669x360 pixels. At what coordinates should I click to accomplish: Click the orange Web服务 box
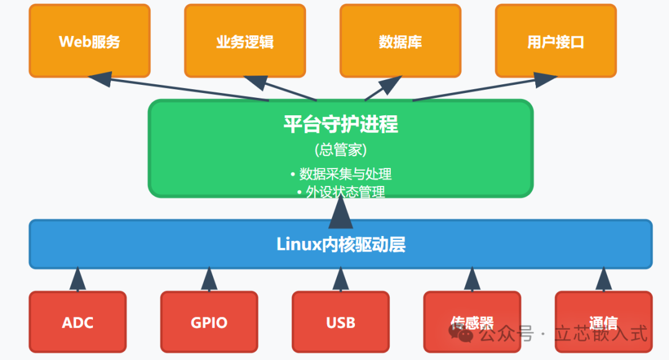[x=90, y=41]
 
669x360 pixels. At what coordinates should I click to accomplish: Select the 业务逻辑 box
[x=245, y=41]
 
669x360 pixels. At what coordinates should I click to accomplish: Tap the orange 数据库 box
[x=400, y=41]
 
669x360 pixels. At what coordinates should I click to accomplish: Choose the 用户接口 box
[x=556, y=41]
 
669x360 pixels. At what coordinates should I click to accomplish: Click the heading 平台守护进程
[x=341, y=125]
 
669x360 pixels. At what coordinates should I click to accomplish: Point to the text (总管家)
[x=341, y=150]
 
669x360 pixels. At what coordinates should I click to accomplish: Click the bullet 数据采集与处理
[x=341, y=173]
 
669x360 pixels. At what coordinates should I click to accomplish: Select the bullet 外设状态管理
[x=341, y=192]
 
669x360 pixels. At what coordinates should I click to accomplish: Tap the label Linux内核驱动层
[x=341, y=244]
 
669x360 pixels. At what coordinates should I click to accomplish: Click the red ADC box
[x=77, y=322]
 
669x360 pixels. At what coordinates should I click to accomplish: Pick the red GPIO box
[x=209, y=322]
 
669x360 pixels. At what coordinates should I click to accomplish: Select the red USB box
[x=340, y=322]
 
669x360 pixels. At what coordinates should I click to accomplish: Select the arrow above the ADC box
[x=77, y=279]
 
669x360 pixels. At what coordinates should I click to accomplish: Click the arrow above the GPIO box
[x=209, y=279]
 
